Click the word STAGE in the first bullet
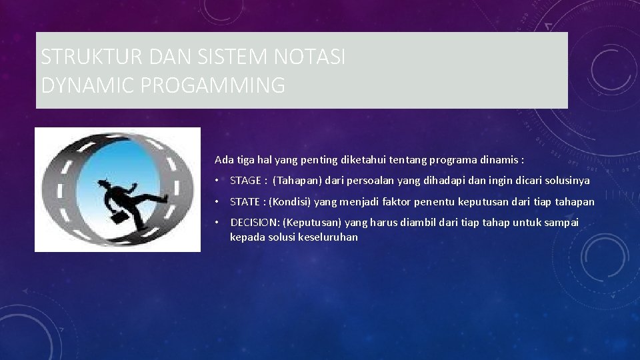[244, 181]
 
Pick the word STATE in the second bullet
[243, 201]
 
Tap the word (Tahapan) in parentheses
[297, 181]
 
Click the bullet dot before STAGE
[217, 181]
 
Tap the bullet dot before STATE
[217, 202]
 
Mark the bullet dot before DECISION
[217, 223]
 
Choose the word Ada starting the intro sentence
[223, 160]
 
